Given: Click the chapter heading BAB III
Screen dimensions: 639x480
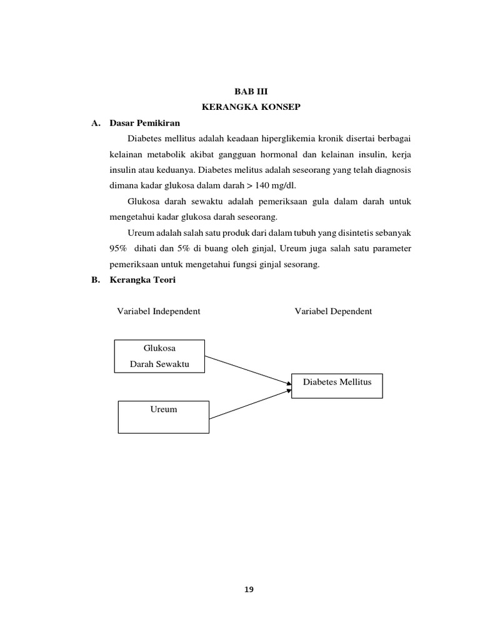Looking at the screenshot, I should point(251,91).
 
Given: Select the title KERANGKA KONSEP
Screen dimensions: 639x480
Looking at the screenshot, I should point(251,107).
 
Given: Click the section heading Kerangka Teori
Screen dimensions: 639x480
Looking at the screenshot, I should point(142,280).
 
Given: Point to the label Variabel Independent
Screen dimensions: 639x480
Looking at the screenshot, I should point(159,311).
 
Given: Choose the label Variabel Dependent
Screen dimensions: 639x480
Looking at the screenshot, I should point(333,311).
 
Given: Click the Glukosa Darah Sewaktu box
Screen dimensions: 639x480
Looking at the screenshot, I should point(159,356).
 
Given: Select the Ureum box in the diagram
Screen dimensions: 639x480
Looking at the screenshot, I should point(164,416).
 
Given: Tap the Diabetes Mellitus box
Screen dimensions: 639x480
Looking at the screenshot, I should point(337,386).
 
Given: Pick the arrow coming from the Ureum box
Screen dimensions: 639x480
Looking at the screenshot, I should point(249,404).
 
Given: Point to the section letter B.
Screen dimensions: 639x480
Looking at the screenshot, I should point(96,280).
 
